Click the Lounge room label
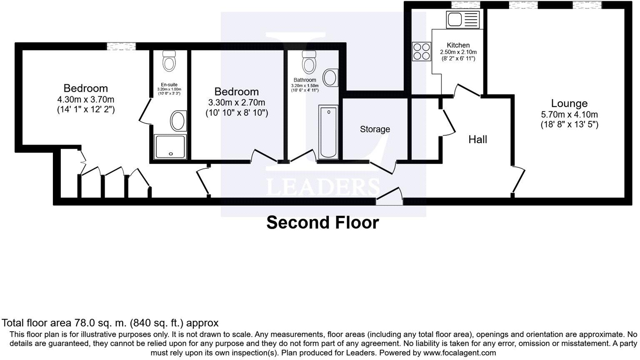[x=569, y=103]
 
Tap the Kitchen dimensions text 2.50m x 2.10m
[x=458, y=52]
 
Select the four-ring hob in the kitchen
[x=421, y=52]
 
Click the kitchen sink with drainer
[x=463, y=19]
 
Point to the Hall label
[x=477, y=140]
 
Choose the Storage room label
[x=375, y=130]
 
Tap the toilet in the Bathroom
[x=309, y=62]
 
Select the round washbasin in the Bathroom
[x=331, y=77]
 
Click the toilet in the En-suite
[x=169, y=61]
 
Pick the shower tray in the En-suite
[x=170, y=147]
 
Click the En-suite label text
[x=169, y=85]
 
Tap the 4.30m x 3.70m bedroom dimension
[x=86, y=100]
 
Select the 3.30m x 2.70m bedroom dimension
[x=236, y=102]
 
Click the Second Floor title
[x=322, y=222]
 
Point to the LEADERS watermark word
[x=322, y=187]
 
